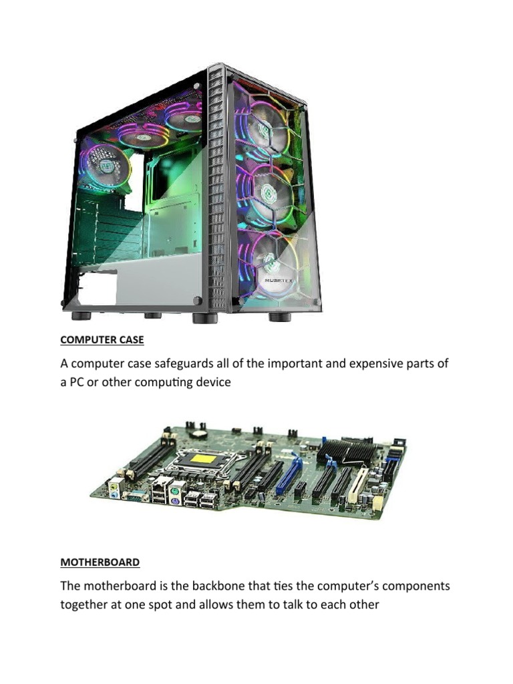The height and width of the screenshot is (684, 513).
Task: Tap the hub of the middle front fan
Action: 267,192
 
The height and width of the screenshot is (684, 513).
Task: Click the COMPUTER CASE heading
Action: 102,340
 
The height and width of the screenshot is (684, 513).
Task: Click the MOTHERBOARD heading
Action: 100,562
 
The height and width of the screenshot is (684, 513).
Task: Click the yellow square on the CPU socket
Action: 204,460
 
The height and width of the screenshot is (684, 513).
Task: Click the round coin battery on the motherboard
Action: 200,434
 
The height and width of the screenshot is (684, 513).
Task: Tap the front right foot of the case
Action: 280,317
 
